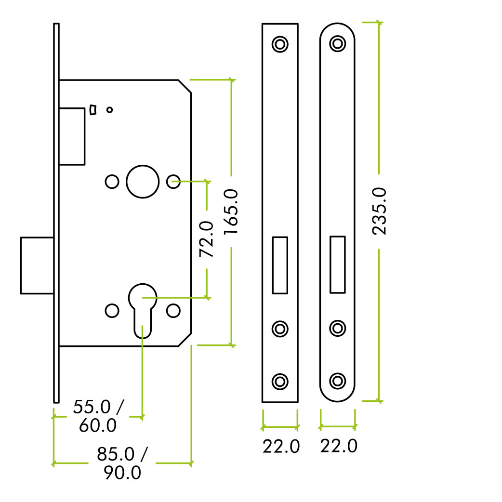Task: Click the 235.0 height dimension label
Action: click(379, 211)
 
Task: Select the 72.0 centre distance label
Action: click(207, 239)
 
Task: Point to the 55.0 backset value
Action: click(92, 407)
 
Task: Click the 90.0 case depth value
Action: click(123, 473)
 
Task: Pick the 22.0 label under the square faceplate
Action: click(281, 446)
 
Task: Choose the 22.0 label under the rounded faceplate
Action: click(339, 446)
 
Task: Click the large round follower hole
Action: click(143, 182)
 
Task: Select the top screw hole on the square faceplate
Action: click(280, 44)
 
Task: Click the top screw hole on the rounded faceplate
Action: click(338, 43)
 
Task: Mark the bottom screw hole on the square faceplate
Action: click(280, 382)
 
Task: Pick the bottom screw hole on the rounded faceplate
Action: click(338, 381)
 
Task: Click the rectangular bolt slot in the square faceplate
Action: click(280, 265)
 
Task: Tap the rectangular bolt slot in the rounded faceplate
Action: click(338, 264)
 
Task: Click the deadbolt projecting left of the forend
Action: click(37, 265)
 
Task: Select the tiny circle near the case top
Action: click(110, 110)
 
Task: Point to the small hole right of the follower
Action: click(173, 182)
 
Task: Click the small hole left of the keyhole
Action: click(112, 311)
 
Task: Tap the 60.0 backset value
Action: click(98, 425)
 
